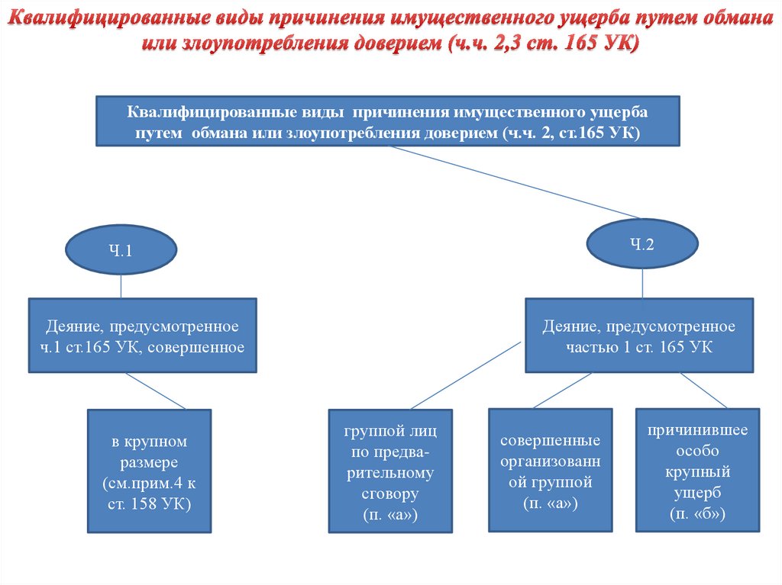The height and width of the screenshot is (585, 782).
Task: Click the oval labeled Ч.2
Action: coord(642,244)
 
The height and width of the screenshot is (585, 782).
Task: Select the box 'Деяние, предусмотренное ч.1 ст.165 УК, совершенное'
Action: coord(142,336)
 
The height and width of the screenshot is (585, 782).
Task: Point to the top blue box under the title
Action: coord(387,121)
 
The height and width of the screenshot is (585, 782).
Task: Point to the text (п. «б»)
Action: coord(697,515)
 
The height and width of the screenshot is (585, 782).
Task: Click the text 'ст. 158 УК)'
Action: coord(149,503)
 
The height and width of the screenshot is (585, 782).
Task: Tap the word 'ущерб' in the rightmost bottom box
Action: coord(697,493)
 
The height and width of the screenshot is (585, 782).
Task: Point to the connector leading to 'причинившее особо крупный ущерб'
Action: coord(703,390)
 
